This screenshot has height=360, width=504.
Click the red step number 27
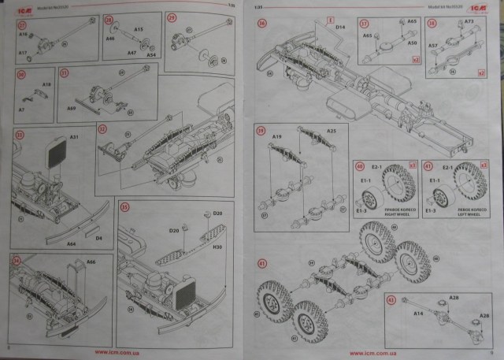tap(21, 24)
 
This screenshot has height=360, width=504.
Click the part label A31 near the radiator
tap(75, 137)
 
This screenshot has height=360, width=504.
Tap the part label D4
tap(99, 236)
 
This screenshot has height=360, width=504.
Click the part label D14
tap(341, 28)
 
